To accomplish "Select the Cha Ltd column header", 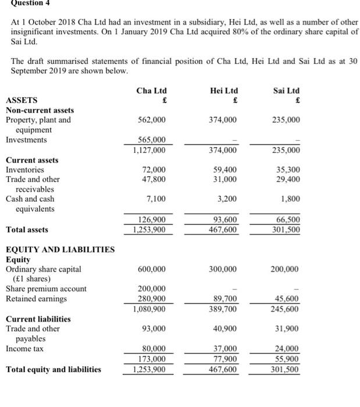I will (151, 91).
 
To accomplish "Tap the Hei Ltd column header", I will (223, 91).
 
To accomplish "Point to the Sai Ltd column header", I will (286, 91).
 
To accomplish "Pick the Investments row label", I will (26, 140).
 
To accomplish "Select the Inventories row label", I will (25, 170).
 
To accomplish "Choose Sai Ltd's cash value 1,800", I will (291, 199).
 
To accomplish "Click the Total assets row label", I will (28, 230).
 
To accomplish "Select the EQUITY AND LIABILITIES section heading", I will (60, 250).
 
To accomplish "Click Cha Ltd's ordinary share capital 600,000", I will (152, 269).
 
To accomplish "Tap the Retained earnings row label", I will (36, 299).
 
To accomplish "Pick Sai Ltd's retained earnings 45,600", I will (288, 299).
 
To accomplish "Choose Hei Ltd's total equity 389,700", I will (223, 309).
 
